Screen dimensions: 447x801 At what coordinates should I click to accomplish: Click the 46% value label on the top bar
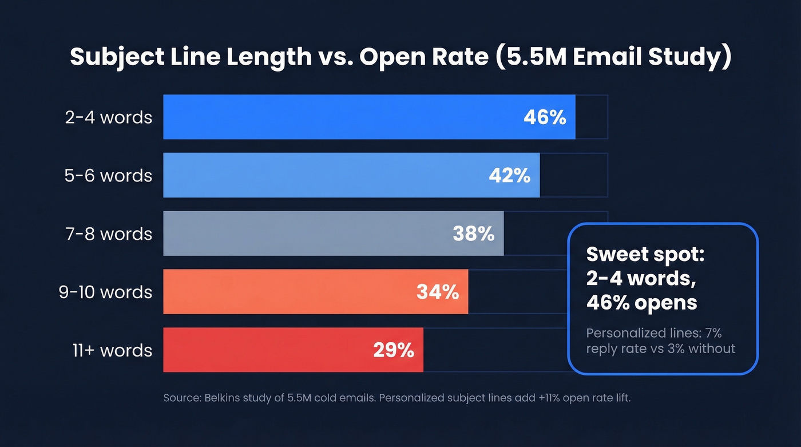pos(544,117)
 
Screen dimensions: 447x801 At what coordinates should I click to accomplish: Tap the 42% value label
pos(509,176)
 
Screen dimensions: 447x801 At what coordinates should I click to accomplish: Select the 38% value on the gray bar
pos(473,234)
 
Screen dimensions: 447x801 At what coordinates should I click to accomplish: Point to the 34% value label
pos(438,292)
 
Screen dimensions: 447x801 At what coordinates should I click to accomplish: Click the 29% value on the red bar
pos(393,350)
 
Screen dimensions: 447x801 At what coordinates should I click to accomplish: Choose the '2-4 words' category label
pos(109,117)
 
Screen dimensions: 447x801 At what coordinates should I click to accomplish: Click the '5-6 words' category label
pos(109,176)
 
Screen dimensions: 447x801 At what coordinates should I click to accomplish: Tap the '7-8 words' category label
pos(109,234)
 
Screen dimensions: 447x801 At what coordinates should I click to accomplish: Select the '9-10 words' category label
pos(105,292)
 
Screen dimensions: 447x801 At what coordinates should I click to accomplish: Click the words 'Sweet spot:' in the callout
pos(645,255)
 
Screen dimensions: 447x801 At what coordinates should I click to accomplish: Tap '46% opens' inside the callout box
pos(641,302)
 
